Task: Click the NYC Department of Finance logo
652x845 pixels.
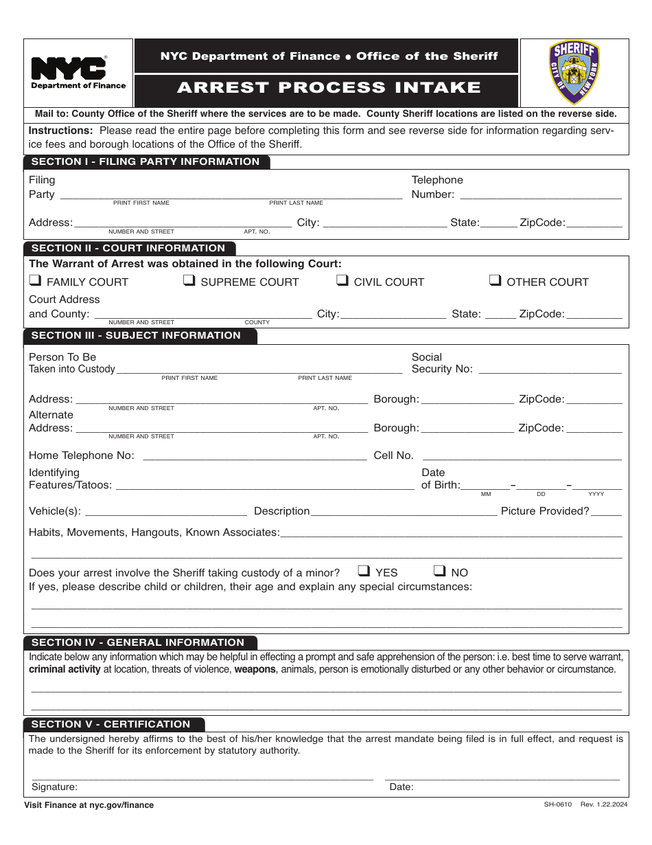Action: pyautogui.click(x=78, y=72)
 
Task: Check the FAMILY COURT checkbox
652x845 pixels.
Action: pyautogui.click(x=35, y=280)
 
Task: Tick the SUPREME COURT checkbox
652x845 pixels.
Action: pyautogui.click(x=189, y=280)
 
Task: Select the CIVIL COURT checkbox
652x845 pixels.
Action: pyautogui.click(x=342, y=280)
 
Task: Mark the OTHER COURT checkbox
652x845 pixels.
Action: pyautogui.click(x=495, y=280)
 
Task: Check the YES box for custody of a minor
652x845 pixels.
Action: pyautogui.click(x=364, y=571)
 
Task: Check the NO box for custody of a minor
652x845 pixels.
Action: pyautogui.click(x=440, y=571)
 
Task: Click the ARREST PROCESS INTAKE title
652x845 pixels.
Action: pyautogui.click(x=329, y=88)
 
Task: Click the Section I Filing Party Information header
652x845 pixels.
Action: pyautogui.click(x=145, y=162)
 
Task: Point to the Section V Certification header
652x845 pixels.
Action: pyautogui.click(x=110, y=724)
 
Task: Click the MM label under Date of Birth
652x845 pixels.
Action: pyautogui.click(x=486, y=494)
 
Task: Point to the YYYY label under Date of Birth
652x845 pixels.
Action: pyautogui.click(x=596, y=494)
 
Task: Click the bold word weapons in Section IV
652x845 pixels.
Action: pyautogui.click(x=255, y=669)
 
